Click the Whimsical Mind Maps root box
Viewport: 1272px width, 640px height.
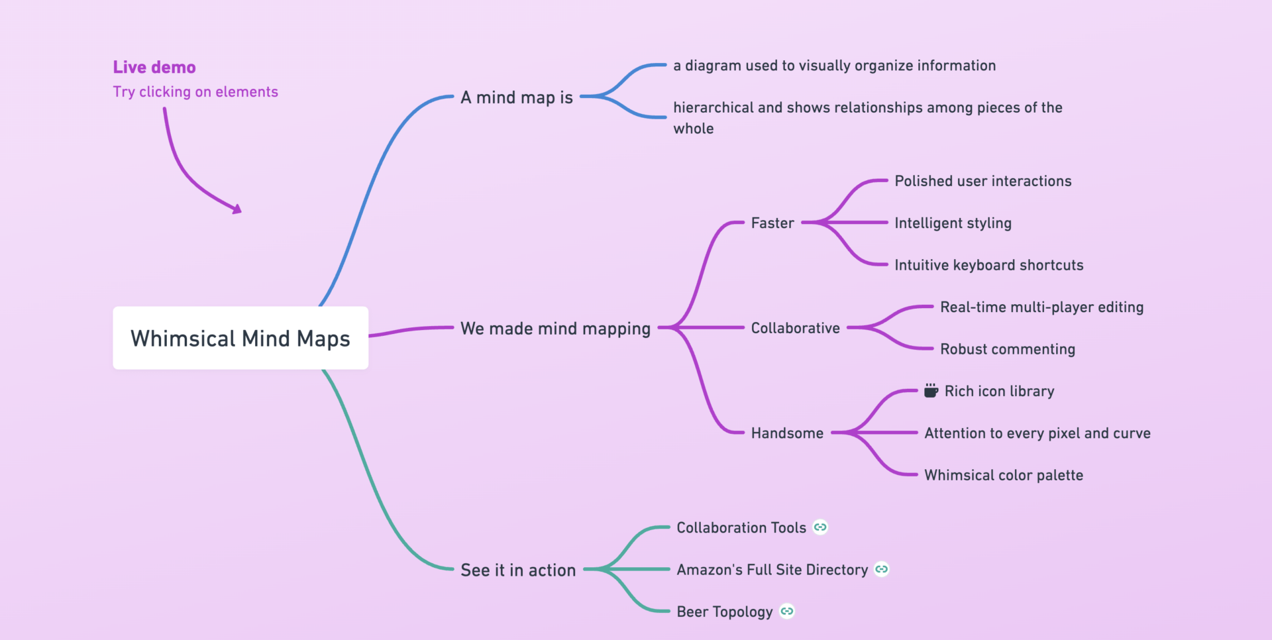pos(240,338)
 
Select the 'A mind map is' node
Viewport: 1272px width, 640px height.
pos(517,97)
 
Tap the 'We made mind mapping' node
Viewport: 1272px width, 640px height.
pos(555,329)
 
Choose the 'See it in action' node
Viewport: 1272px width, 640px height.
pos(518,570)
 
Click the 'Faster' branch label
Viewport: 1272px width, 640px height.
pos(772,223)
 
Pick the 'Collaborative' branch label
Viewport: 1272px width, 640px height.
pos(795,328)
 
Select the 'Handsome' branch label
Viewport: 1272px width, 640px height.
pos(787,433)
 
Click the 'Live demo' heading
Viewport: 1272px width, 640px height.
pos(154,67)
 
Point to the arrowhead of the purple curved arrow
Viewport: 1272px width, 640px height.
pos(237,209)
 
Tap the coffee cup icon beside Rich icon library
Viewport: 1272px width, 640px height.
pos(931,391)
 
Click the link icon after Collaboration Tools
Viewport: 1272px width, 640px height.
pos(820,527)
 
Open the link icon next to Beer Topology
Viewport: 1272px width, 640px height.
pos(787,612)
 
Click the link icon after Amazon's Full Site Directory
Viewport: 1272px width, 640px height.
pos(882,569)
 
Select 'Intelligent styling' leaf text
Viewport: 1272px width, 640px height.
pos(953,223)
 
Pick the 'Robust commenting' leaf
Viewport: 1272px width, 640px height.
pos(1008,349)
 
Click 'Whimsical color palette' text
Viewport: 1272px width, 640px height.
pos(1004,475)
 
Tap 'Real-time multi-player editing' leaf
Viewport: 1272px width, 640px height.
pos(1041,307)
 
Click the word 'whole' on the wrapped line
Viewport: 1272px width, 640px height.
pos(694,129)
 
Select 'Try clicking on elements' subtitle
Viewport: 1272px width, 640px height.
pos(195,92)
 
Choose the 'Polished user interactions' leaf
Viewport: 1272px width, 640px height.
pos(982,181)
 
